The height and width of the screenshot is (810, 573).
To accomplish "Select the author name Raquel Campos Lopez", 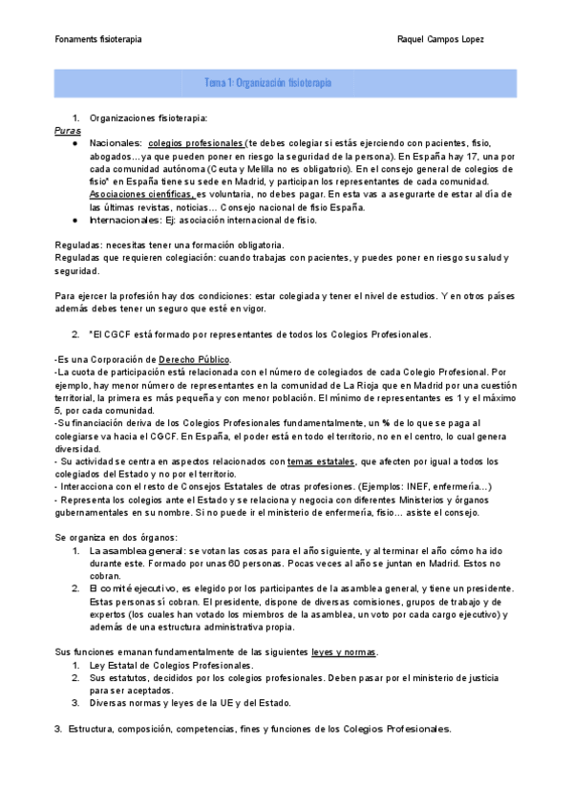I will coord(440,40).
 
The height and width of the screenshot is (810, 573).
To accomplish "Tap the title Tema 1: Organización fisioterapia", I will coord(268,83).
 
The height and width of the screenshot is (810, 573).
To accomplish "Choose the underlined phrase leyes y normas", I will coord(344,651).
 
